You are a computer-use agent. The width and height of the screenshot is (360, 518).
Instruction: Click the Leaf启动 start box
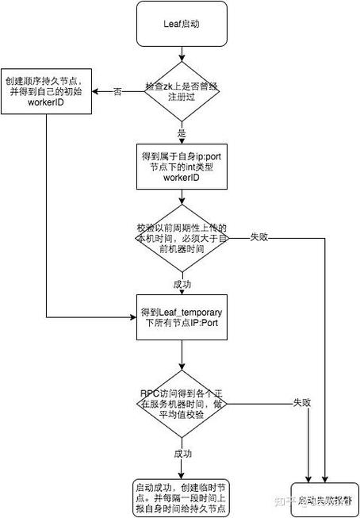pyautogui.click(x=182, y=25)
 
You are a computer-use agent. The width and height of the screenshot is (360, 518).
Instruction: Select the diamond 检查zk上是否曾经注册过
pyautogui.click(x=182, y=92)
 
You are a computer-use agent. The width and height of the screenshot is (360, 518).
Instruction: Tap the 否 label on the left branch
pyautogui.click(x=117, y=92)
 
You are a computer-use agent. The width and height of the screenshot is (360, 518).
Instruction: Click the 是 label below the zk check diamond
pyautogui.click(x=182, y=133)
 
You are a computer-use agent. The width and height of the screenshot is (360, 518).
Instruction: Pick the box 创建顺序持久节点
pyautogui.click(x=47, y=92)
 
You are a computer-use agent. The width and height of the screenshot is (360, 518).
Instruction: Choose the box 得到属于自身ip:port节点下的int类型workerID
pyautogui.click(x=182, y=167)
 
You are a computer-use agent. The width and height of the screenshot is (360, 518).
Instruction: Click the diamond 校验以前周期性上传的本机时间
pyautogui.click(x=182, y=236)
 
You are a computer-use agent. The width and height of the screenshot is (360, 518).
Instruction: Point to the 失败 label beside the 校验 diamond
pyautogui.click(x=259, y=236)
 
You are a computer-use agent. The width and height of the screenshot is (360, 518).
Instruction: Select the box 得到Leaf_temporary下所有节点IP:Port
pyautogui.click(x=182, y=319)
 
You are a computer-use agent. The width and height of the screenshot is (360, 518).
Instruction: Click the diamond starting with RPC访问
pyautogui.click(x=182, y=402)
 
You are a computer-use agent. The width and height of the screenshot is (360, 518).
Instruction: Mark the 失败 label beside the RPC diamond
pyautogui.click(x=301, y=402)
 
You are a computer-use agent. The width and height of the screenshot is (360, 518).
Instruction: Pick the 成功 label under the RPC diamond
pyautogui.click(x=182, y=453)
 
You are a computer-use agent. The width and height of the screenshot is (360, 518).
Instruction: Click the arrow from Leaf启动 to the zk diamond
pyautogui.click(x=182, y=54)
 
